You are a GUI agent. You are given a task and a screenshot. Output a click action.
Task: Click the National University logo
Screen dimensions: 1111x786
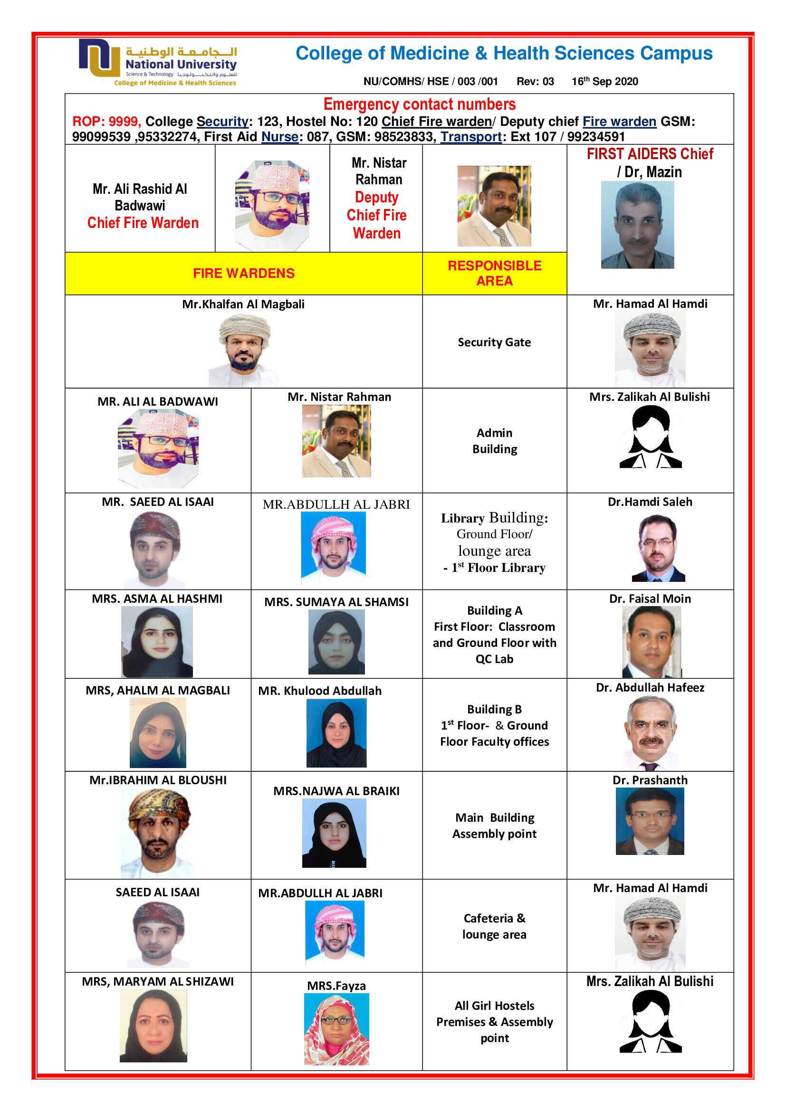[158, 62]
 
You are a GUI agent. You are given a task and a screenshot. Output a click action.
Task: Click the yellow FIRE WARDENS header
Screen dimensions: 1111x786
[243, 274]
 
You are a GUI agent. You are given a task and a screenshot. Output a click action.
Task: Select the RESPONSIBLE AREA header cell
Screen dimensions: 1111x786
[494, 274]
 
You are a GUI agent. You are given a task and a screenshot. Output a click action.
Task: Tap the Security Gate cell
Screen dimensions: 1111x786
[494, 342]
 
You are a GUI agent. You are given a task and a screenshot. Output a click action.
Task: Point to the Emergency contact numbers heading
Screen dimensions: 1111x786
[419, 104]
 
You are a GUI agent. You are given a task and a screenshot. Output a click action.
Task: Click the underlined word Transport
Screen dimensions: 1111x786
[470, 137]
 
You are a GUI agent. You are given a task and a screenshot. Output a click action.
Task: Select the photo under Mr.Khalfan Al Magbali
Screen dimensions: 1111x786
[243, 350]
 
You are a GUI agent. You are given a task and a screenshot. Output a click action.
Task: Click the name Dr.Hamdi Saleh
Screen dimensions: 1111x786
[650, 502]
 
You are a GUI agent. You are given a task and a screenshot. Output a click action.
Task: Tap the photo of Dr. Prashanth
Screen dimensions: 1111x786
[650, 821]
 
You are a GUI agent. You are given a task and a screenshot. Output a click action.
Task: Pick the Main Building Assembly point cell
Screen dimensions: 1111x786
[494, 826]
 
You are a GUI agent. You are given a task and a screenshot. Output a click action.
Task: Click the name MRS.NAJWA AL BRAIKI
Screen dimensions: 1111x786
[336, 791]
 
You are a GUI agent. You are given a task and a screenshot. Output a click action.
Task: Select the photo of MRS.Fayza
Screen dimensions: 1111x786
[336, 1029]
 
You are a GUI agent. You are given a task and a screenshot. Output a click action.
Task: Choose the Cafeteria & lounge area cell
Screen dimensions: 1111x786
[494, 926]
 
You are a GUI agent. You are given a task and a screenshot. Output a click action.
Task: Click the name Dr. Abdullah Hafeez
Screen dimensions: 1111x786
[650, 688]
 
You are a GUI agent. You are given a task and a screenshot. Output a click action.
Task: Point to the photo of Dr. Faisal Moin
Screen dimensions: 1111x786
[651, 642]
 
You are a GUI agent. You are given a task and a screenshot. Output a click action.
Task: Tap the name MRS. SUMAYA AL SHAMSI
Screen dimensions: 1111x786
[336, 602]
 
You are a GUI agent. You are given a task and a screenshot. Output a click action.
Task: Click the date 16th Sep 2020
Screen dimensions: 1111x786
[604, 81]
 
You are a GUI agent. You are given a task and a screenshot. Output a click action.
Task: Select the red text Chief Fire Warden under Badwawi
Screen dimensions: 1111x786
[143, 223]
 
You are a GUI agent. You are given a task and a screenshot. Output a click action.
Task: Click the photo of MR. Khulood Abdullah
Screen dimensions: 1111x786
[336, 732]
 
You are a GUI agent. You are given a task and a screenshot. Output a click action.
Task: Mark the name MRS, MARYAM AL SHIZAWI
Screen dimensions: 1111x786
[158, 981]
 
